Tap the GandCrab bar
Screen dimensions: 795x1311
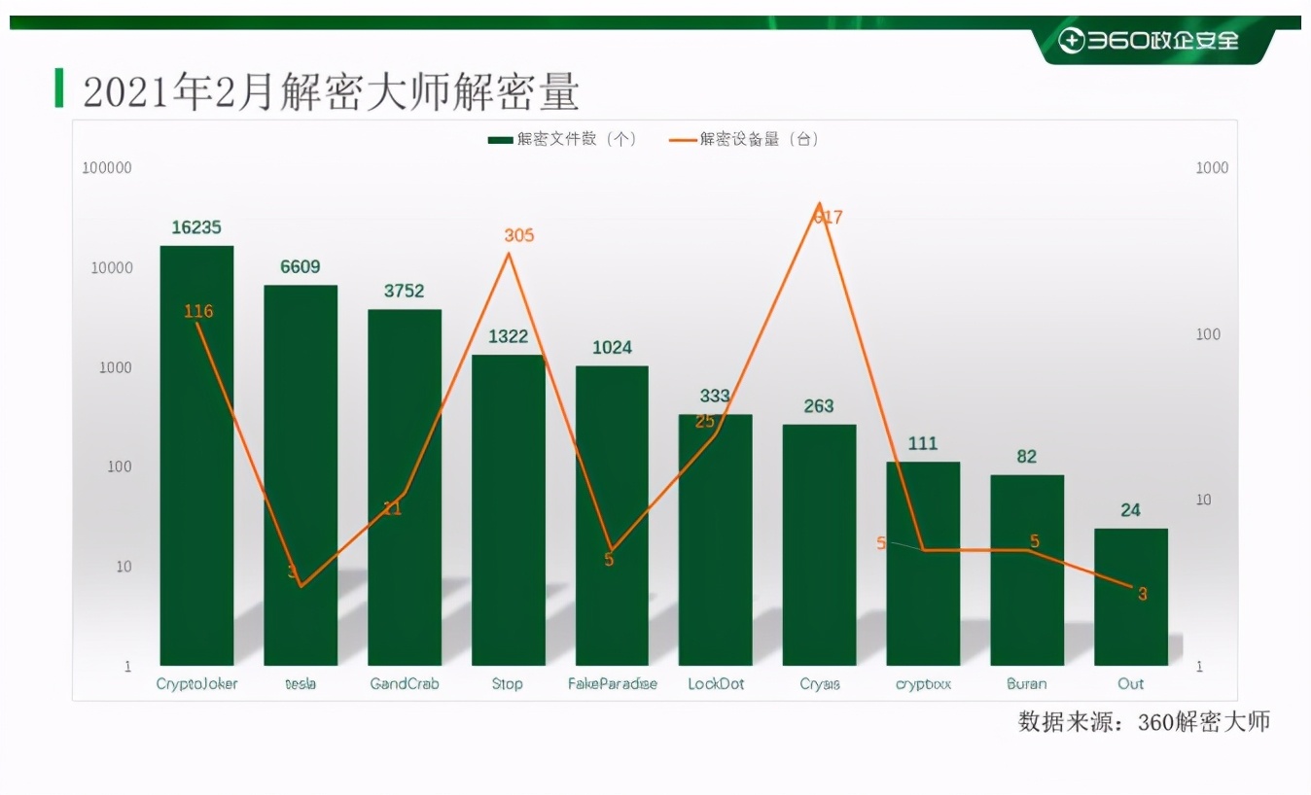405,486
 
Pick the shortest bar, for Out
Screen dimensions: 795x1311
1130,597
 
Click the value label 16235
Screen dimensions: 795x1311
196,227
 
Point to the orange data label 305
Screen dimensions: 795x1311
519,235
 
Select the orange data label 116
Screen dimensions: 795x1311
197,311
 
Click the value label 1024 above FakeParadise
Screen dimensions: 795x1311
612,348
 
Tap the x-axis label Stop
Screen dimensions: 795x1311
507,684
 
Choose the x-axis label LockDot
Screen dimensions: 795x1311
716,684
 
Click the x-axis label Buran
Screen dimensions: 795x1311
1027,684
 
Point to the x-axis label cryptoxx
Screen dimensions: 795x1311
923,684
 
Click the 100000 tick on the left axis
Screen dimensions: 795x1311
107,168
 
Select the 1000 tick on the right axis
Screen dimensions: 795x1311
1212,168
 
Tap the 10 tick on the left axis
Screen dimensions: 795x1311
124,567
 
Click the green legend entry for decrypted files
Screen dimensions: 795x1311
562,139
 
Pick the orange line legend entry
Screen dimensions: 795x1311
744,139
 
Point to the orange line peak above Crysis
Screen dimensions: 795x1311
820,205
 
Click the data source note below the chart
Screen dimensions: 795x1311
1144,722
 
